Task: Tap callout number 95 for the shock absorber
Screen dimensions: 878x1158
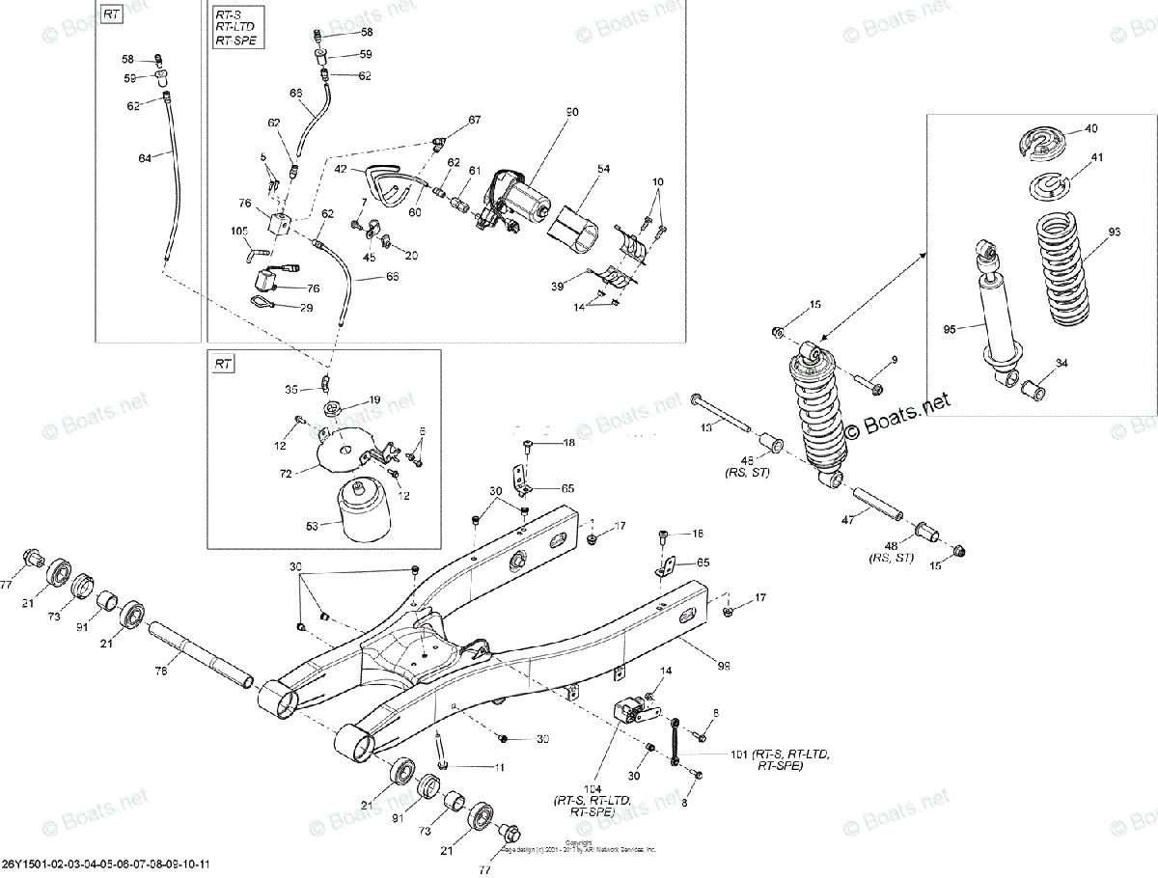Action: pos(951,329)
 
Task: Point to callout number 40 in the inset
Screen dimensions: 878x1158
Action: pos(1090,128)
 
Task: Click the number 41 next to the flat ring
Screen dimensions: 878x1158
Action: pos(1097,157)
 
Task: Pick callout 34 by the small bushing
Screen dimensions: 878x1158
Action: pos(1062,364)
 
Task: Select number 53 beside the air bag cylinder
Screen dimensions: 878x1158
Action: pos(312,526)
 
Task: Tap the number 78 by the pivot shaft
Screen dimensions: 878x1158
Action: pos(162,671)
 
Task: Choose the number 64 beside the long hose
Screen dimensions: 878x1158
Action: pos(145,157)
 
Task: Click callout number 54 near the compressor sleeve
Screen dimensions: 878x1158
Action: pos(602,169)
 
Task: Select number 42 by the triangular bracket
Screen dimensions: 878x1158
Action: pos(341,169)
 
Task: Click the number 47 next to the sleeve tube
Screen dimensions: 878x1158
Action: pos(848,520)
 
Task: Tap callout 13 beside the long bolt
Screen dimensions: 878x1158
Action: pos(706,427)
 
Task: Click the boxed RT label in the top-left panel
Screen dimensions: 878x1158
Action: pos(112,15)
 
